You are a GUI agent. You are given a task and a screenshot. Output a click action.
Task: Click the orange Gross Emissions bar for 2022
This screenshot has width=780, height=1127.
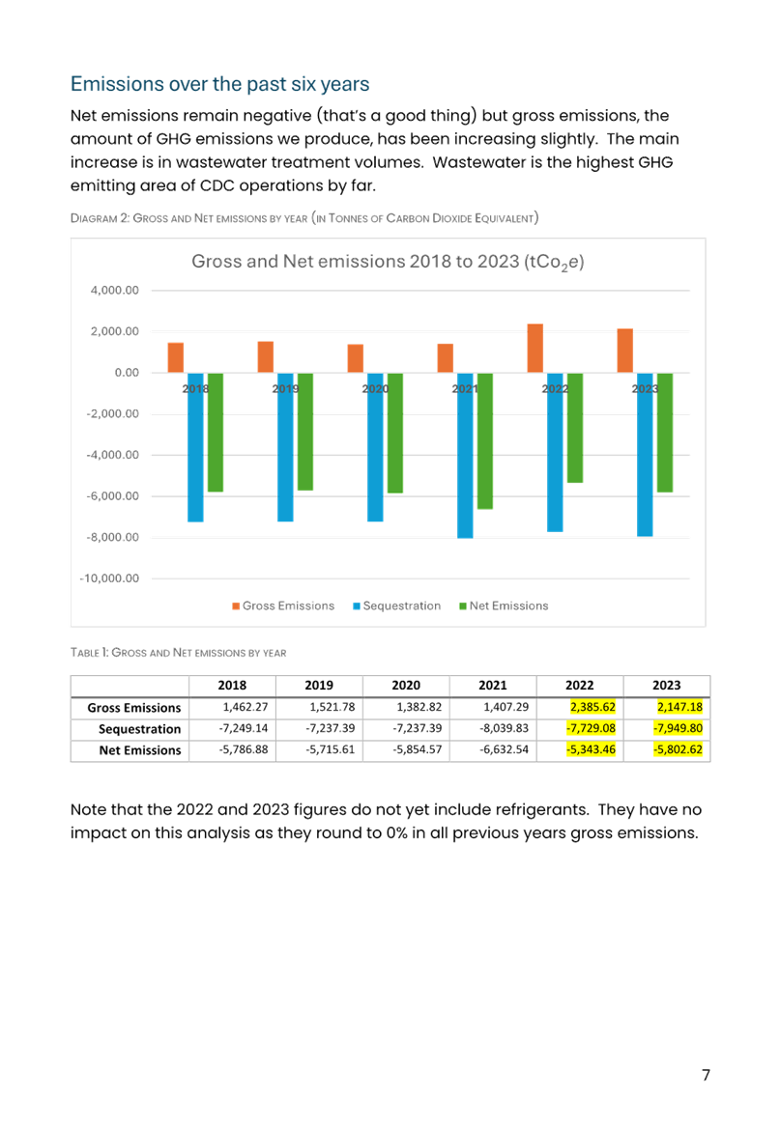coord(534,348)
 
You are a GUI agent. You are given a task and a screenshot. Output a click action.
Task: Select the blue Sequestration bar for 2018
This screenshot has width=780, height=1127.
coord(195,447)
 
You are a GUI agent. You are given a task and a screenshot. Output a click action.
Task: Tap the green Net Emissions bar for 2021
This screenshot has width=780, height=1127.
coord(485,440)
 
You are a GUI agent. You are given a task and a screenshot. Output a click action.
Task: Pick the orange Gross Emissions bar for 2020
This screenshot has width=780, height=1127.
coord(356,358)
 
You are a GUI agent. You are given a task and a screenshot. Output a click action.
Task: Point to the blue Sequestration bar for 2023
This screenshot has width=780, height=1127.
coord(645,454)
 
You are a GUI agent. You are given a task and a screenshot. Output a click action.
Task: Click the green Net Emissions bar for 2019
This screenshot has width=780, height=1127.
coord(305,432)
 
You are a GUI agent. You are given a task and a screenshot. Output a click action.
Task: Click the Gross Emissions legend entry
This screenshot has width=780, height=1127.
coord(282,606)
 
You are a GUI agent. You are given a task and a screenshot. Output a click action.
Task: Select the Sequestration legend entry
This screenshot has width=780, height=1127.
coord(397,606)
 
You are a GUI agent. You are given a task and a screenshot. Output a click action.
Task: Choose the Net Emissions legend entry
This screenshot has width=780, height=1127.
coord(504,606)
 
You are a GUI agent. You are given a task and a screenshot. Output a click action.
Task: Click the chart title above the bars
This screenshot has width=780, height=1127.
coord(388,262)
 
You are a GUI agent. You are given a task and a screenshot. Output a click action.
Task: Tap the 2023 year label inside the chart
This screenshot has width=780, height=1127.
coord(645,388)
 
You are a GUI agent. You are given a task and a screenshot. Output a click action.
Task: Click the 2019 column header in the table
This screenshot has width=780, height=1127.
coord(319,686)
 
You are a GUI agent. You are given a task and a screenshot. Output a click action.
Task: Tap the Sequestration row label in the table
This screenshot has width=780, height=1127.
coord(139,729)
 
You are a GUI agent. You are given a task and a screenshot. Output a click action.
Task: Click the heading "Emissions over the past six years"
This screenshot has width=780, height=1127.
coord(220,84)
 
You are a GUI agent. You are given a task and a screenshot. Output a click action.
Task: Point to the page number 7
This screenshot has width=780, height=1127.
coord(707,1075)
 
